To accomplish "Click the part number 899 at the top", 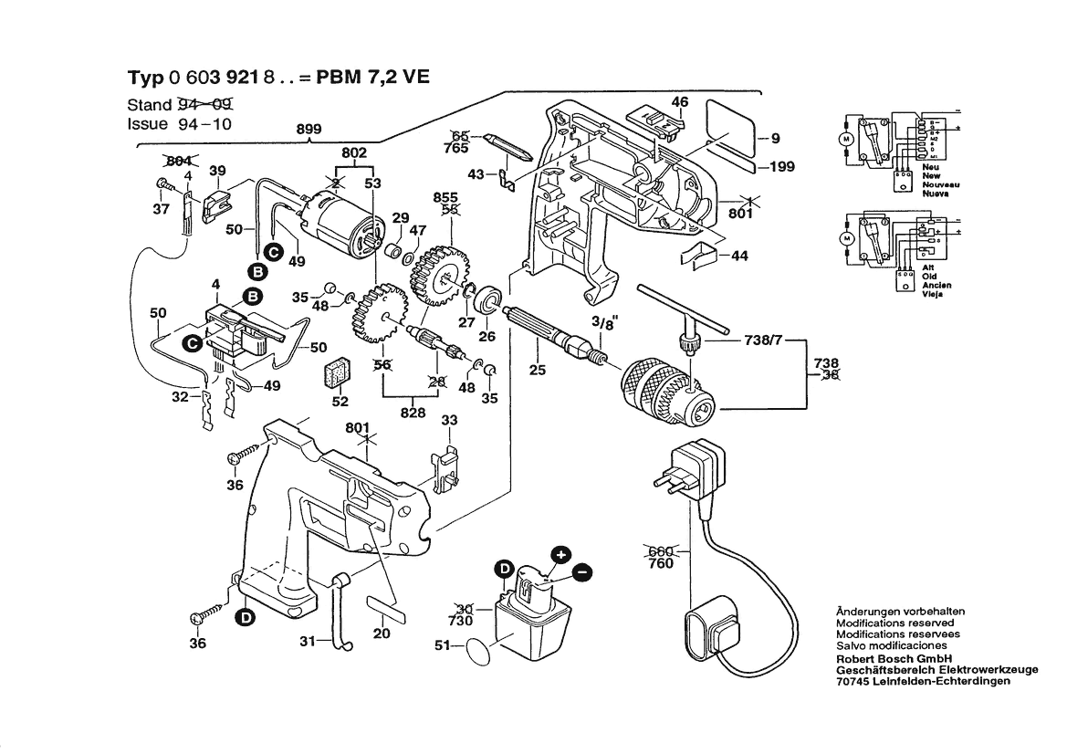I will click(x=309, y=130).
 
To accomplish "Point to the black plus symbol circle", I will click(x=560, y=554).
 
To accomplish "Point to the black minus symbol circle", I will click(x=581, y=572).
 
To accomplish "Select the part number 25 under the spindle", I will click(x=537, y=370).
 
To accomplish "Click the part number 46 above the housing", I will click(x=680, y=102).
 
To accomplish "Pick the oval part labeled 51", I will click(x=478, y=653).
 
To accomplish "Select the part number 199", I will click(x=781, y=167).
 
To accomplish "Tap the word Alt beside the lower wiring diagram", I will click(x=928, y=268).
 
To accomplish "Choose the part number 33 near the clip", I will click(x=448, y=421).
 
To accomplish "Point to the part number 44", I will click(x=738, y=257).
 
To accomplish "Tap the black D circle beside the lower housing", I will click(x=246, y=618).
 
